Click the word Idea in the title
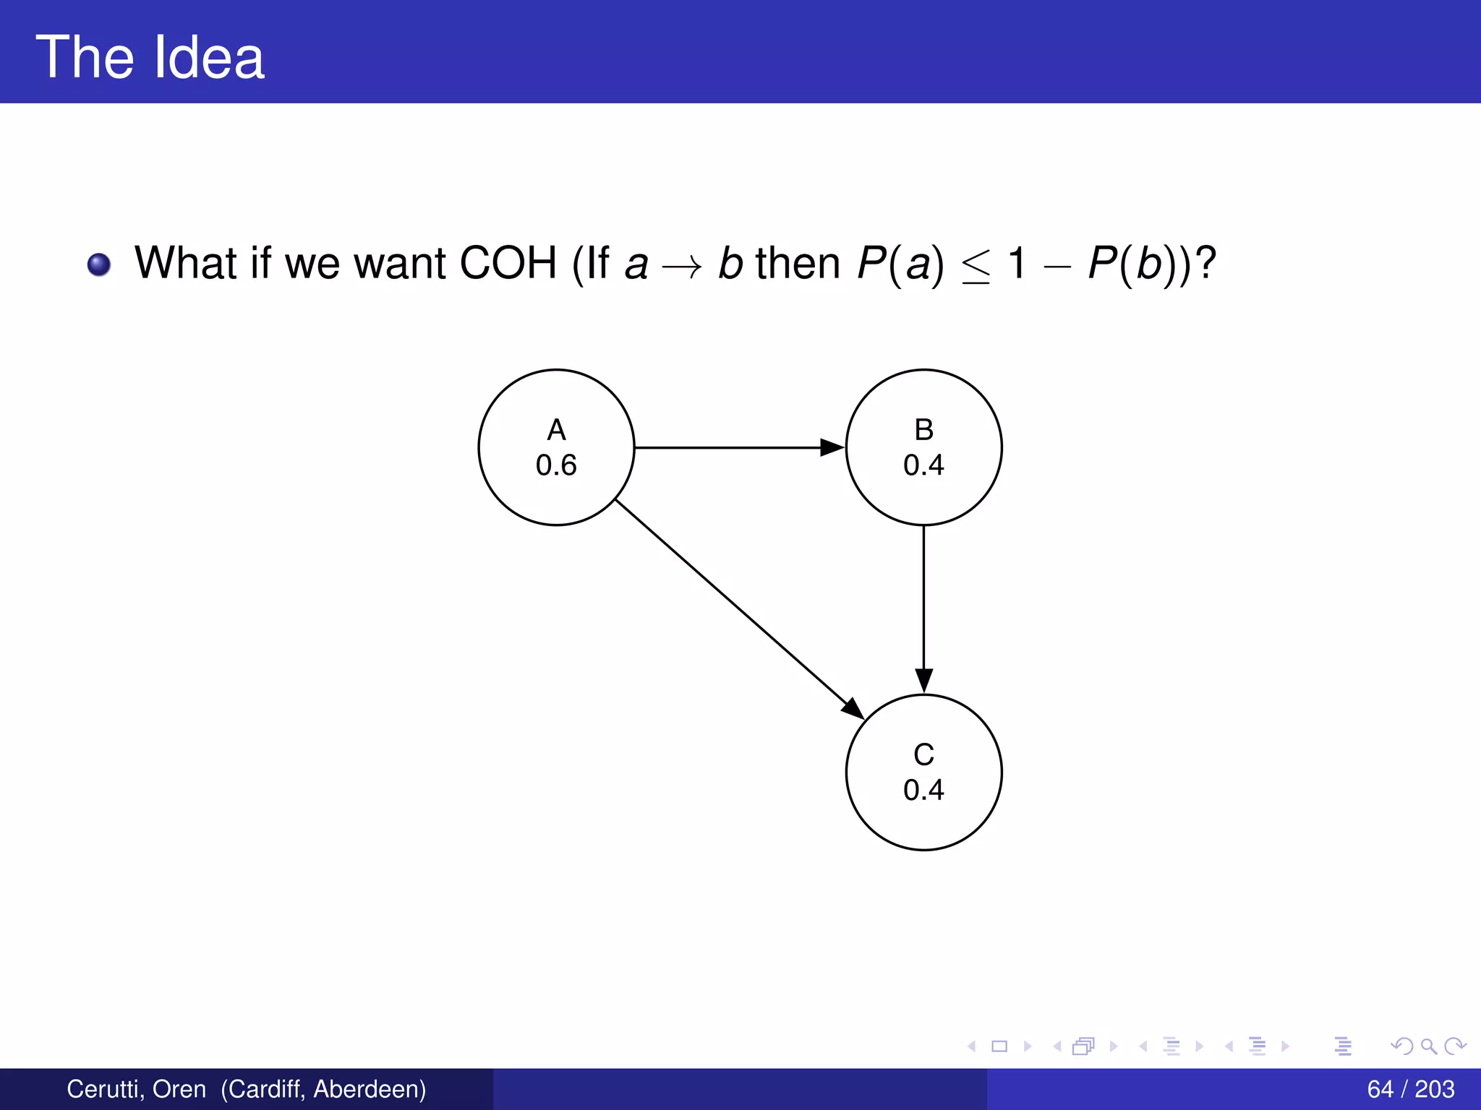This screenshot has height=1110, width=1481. pyautogui.click(x=208, y=58)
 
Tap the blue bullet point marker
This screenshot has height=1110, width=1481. pyautogui.click(x=99, y=264)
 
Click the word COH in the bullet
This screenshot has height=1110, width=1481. pyautogui.click(x=508, y=263)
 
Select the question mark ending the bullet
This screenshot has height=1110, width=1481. pyautogui.click(x=1205, y=263)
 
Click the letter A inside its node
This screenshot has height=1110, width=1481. pyautogui.click(x=556, y=430)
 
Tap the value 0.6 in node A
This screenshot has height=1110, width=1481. pyautogui.click(x=556, y=465)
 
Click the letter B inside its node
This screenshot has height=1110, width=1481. pyautogui.click(x=923, y=430)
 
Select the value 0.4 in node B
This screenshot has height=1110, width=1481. pyautogui.click(x=923, y=465)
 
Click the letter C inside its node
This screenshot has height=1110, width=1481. pyautogui.click(x=923, y=754)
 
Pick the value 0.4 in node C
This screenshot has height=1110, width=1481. pyautogui.click(x=923, y=790)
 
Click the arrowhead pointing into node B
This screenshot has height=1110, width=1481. pyautogui.click(x=832, y=447)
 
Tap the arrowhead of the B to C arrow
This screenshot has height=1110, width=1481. pyautogui.click(x=923, y=680)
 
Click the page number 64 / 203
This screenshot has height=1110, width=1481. pyautogui.click(x=1410, y=1089)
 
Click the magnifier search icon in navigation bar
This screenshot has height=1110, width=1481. pyautogui.click(x=1428, y=1046)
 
